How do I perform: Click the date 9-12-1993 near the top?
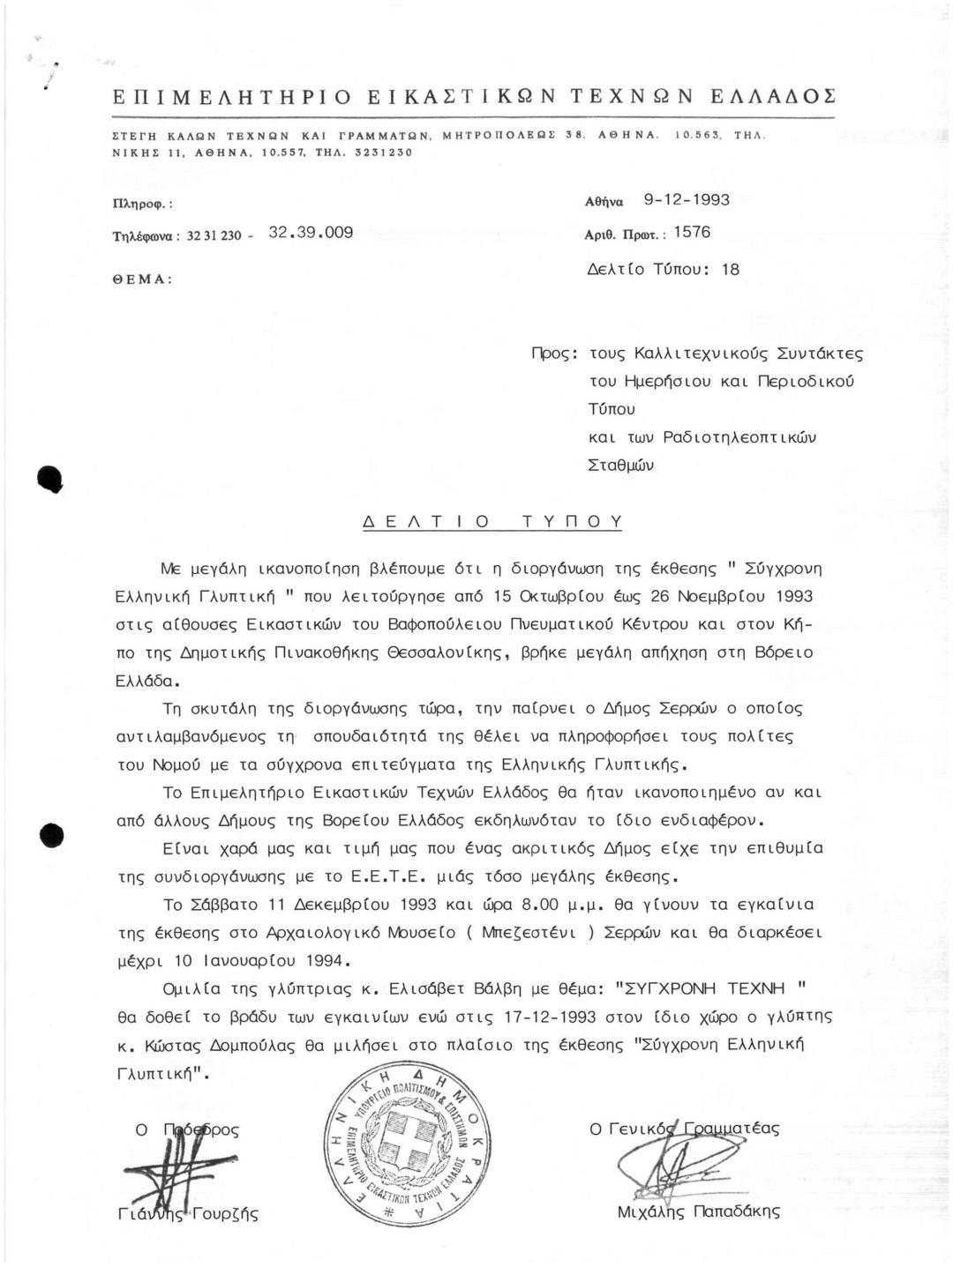coord(687,200)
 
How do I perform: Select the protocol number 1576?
coord(691,233)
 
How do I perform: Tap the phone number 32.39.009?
coord(310,233)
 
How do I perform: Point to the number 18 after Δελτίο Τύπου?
coord(731,270)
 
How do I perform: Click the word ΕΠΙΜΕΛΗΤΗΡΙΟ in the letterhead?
coord(233,96)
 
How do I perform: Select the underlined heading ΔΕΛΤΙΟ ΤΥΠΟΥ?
coord(493,521)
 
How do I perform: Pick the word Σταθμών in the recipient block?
coord(621,465)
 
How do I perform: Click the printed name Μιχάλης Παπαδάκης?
coord(699,1211)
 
